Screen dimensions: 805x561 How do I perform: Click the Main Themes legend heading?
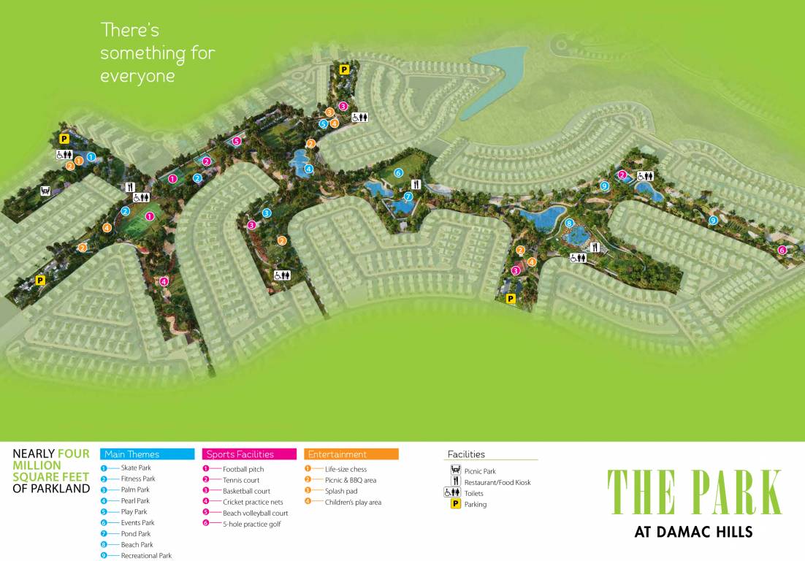point(132,454)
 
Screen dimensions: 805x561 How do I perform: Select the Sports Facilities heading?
point(240,454)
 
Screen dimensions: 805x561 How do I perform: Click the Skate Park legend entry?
point(135,468)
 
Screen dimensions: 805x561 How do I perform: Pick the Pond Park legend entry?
point(135,534)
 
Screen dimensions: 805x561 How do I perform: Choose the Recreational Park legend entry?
point(145,556)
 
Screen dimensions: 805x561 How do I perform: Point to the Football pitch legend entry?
point(243,469)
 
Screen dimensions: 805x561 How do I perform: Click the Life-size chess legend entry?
point(346,469)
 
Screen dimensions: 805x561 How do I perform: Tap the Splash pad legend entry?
point(340,491)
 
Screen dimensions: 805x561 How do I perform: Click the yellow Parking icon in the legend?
point(455,504)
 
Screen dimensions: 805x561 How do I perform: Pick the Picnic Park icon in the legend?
point(455,470)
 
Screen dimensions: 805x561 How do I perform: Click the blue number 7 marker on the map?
point(408,197)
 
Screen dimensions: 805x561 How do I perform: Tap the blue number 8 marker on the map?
point(569,223)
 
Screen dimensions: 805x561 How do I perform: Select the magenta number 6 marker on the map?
point(782,250)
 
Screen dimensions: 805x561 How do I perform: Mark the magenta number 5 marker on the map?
point(236,141)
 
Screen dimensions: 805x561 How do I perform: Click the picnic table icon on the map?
point(45,191)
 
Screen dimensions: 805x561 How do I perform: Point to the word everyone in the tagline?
point(137,77)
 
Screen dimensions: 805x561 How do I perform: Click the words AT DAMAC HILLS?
point(693,532)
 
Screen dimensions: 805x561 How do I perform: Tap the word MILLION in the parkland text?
point(37,465)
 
